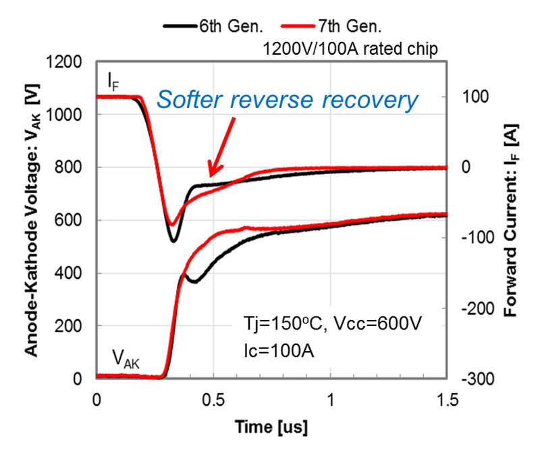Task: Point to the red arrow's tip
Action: coord(211,174)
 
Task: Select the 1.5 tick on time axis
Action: coord(446,400)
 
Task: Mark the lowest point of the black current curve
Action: coord(173,241)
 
